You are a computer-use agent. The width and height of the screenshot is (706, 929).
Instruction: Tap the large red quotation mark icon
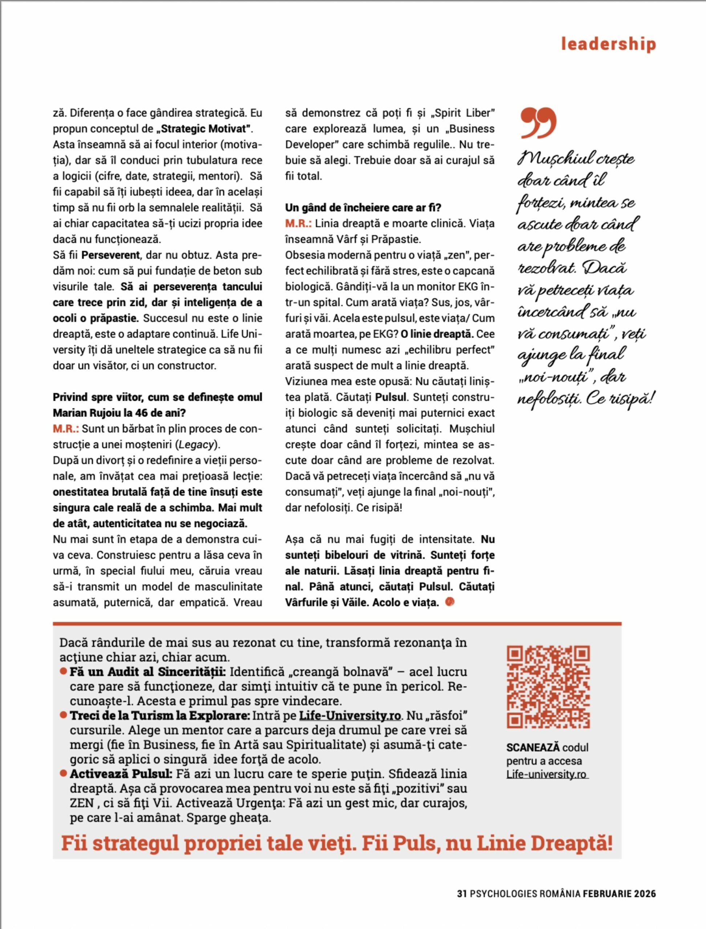538,123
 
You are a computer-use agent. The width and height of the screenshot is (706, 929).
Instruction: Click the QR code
548,687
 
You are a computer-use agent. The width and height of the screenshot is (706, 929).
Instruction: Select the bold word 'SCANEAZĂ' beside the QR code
533,748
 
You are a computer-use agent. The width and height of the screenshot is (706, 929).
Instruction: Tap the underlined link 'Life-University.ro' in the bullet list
350,715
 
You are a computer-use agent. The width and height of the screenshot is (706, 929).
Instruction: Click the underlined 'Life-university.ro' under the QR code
546,774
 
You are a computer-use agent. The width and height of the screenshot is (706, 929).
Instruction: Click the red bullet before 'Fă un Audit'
64,672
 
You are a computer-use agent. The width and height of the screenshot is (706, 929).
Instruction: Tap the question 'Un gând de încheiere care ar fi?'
363,208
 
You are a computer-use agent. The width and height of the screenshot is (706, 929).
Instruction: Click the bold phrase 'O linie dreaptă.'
437,334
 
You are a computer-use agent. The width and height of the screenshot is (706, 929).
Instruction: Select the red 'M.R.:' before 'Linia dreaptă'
298,224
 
